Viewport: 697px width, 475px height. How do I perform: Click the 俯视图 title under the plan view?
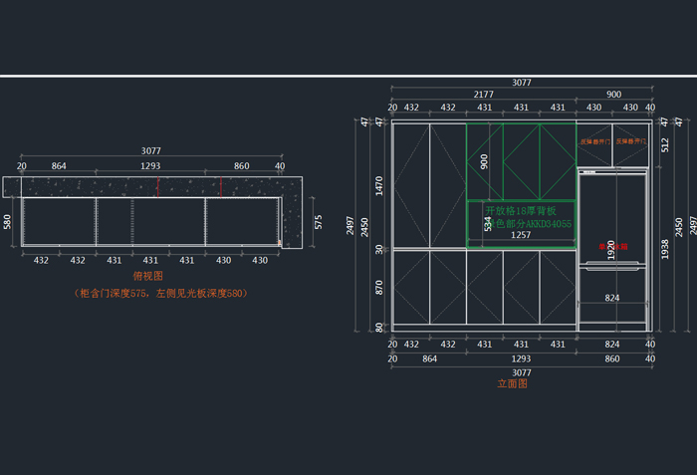click(x=147, y=276)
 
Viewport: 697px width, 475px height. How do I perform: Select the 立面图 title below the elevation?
click(x=512, y=383)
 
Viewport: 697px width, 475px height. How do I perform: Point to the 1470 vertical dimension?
click(x=378, y=184)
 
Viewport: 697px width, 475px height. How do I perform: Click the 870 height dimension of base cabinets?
click(x=378, y=286)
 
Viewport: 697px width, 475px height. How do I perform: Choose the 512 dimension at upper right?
click(x=664, y=144)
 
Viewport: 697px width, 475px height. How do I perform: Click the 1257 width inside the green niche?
click(x=521, y=236)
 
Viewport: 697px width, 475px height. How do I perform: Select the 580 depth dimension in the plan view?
click(x=7, y=221)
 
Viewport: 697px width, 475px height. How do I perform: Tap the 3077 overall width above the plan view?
click(x=149, y=152)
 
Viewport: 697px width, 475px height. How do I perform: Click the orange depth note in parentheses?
click(x=159, y=294)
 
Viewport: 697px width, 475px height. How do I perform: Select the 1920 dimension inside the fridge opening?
click(x=612, y=249)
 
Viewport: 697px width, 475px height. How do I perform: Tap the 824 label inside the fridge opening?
click(x=612, y=298)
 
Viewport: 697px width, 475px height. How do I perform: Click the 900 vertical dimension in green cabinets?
click(x=484, y=161)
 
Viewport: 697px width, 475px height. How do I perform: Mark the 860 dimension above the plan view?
click(x=242, y=166)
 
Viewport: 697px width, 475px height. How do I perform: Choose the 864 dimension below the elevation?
click(x=429, y=357)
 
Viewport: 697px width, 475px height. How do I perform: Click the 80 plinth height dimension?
click(x=378, y=327)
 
